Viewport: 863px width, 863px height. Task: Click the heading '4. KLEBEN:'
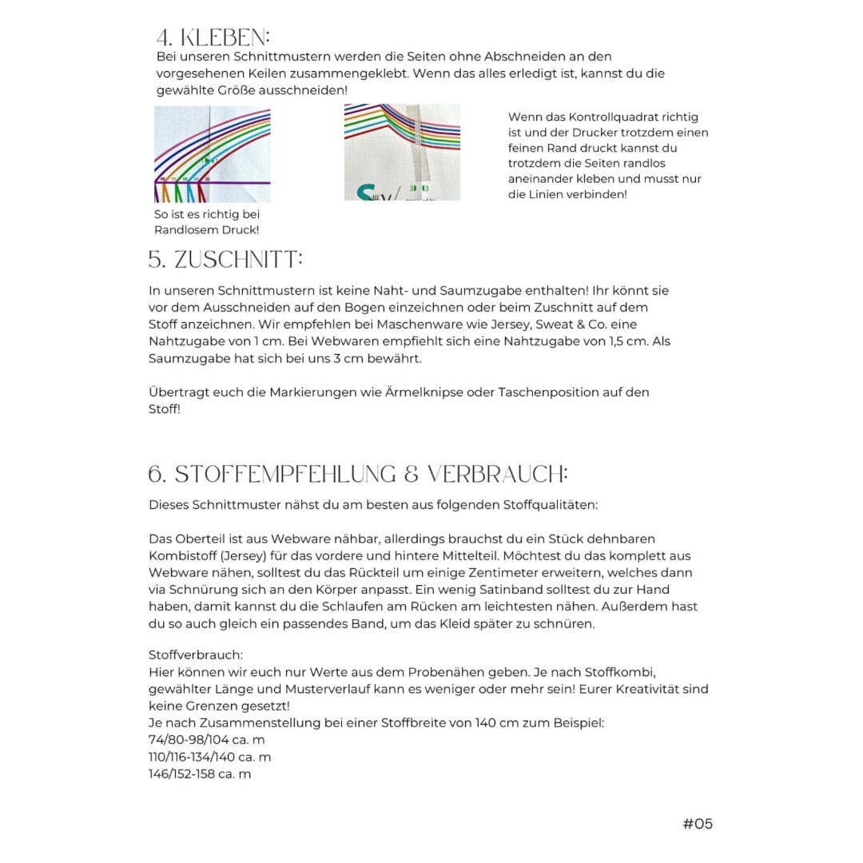[x=213, y=38]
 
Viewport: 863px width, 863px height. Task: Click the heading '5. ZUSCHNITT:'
[x=226, y=260]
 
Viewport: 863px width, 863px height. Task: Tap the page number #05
[x=698, y=823]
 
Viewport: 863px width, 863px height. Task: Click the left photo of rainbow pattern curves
[x=212, y=154]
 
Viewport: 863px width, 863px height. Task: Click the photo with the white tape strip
[x=402, y=152]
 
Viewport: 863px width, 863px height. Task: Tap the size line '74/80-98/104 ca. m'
[x=206, y=740]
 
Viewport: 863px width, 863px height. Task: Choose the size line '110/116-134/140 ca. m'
[x=209, y=757]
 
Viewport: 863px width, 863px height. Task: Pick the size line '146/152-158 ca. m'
[x=200, y=774]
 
